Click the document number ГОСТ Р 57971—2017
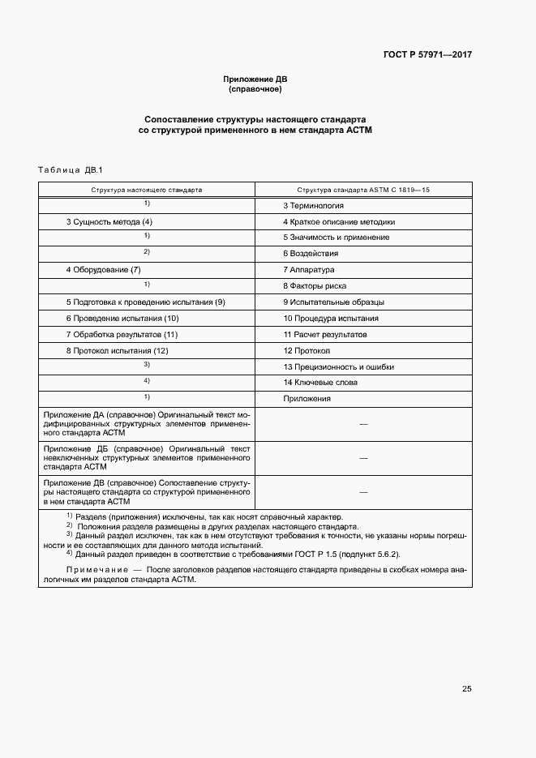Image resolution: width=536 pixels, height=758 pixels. click(x=427, y=56)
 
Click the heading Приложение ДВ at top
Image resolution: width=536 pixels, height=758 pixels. click(x=255, y=79)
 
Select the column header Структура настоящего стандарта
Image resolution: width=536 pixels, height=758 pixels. click(x=147, y=189)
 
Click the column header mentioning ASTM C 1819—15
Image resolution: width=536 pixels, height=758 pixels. click(x=363, y=189)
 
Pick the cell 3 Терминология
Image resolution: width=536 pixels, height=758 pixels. click(x=313, y=206)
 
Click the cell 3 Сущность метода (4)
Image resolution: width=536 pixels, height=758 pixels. click(x=109, y=221)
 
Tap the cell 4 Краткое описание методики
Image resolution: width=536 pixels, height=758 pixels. click(x=339, y=221)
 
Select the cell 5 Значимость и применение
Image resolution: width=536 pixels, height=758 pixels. click(x=336, y=238)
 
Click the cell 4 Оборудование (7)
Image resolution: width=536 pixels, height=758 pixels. click(x=104, y=269)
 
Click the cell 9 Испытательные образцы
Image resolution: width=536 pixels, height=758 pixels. click(x=333, y=302)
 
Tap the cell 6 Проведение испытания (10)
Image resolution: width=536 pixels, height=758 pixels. click(x=122, y=318)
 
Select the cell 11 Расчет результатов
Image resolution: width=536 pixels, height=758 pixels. click(x=325, y=334)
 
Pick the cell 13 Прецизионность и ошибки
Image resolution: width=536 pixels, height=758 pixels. click(x=338, y=366)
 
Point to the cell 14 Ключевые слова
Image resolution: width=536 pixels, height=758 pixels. click(x=320, y=382)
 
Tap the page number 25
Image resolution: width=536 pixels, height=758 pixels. click(x=466, y=689)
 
